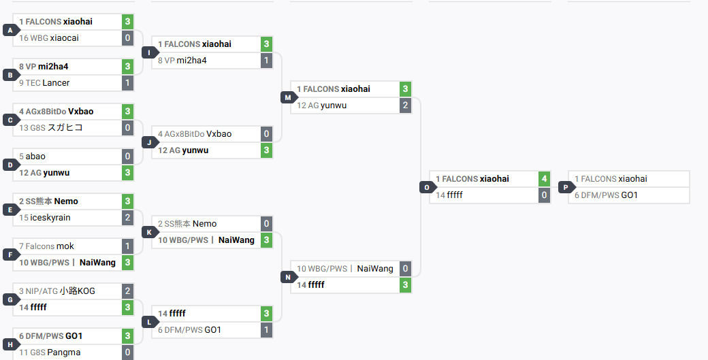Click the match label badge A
tap(10, 30)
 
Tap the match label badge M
tap(288, 97)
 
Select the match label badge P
tap(566, 187)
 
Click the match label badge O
tap(427, 187)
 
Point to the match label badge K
tap(150, 232)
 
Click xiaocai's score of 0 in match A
tap(128, 38)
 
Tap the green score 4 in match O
tap(544, 179)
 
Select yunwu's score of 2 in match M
tap(406, 105)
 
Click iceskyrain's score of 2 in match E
tap(128, 218)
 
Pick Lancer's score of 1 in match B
tap(128, 82)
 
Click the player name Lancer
tap(56, 83)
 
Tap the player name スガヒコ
tap(65, 128)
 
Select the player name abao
tap(35, 157)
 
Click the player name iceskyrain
tap(50, 218)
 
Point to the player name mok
tap(65, 246)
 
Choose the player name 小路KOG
tap(77, 291)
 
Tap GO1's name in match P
tap(630, 195)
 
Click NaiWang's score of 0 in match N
tap(406, 268)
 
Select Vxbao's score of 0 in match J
tap(266, 134)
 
